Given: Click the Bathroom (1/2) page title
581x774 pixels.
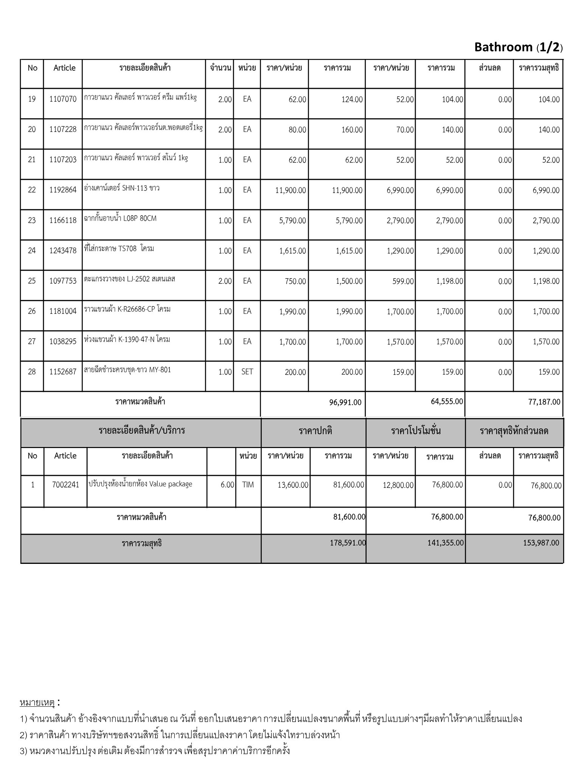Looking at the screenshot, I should [x=518, y=47].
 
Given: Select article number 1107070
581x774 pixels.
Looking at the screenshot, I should [x=63, y=99].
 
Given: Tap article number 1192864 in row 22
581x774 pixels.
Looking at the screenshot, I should [x=63, y=190].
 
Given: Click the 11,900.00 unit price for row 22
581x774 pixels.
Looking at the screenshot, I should [x=290, y=190].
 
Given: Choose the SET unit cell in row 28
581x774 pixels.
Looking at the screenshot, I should [x=247, y=372].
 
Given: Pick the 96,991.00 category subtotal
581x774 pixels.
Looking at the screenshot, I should [x=345, y=402].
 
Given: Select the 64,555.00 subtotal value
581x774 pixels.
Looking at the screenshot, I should [x=447, y=401].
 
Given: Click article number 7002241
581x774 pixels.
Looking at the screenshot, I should [x=66, y=485].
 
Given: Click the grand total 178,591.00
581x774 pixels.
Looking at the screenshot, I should [x=348, y=543].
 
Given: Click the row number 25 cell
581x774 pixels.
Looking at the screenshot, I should [x=32, y=281].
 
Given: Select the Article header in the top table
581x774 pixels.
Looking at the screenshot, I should [x=64, y=68].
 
